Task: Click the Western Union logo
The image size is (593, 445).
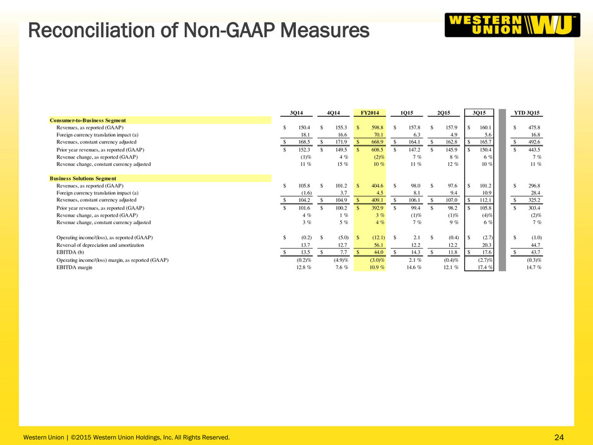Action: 512,25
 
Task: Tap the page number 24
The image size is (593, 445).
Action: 559,437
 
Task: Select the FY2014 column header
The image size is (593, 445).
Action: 370,113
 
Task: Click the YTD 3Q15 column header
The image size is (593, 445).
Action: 526,113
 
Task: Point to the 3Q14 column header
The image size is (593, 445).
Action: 296,113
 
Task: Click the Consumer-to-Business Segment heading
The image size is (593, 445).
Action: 88,121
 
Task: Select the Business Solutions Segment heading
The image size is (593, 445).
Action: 83,178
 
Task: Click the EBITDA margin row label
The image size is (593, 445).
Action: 74,267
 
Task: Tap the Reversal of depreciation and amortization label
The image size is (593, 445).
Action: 100,245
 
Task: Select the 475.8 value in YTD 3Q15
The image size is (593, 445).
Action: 534,128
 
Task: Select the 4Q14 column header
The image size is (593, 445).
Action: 333,113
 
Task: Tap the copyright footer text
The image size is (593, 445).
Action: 126,437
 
